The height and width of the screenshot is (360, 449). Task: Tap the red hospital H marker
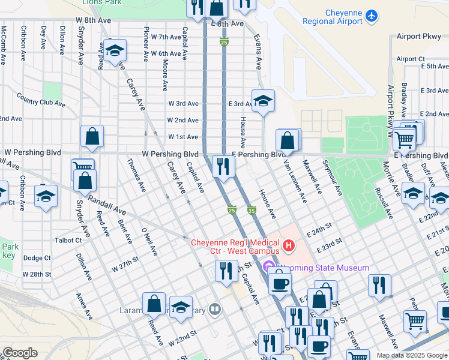(289, 245)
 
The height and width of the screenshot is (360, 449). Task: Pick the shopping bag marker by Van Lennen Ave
(288, 140)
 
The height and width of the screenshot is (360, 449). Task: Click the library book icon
(215, 310)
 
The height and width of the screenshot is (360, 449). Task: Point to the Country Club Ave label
(41, 100)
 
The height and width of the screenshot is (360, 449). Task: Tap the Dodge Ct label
(37, 258)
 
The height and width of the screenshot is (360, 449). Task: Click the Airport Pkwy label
(418, 37)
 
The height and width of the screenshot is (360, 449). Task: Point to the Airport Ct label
(411, 59)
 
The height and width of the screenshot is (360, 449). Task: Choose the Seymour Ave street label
(331, 178)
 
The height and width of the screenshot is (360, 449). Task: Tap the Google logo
(20, 353)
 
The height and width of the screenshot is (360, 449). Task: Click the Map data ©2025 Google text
(411, 355)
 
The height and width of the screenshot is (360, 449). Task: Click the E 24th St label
(319, 230)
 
